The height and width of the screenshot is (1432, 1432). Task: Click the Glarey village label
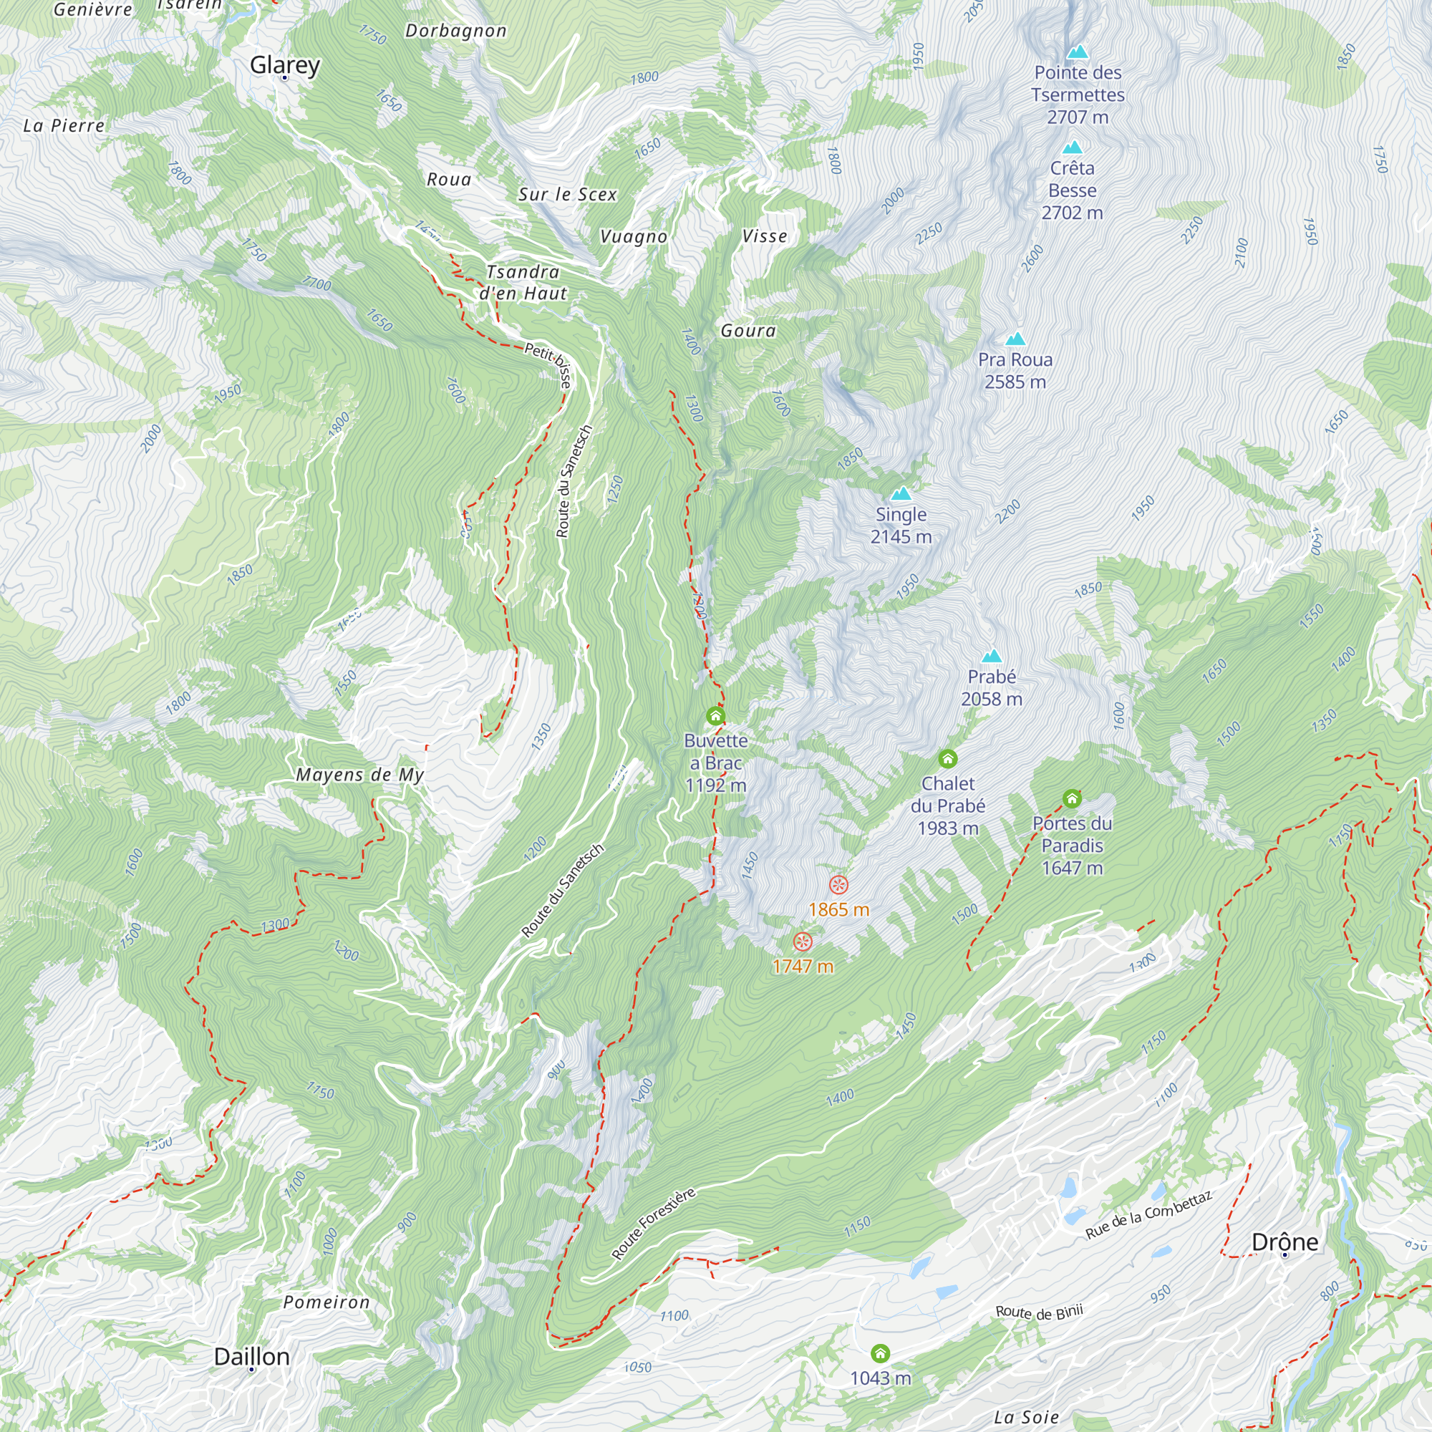coord(285,65)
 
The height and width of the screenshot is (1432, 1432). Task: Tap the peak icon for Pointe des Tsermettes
coord(1077,52)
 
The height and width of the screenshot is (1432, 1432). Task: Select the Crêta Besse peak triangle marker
coord(1072,147)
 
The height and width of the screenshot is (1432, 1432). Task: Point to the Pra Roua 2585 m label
coord(1015,371)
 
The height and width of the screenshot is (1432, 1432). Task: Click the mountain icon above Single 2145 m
coord(901,493)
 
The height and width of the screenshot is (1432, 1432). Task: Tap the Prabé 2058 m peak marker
coord(992,656)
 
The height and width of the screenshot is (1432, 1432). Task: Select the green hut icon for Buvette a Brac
coord(715,715)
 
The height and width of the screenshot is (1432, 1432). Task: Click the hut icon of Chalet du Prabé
coord(947,758)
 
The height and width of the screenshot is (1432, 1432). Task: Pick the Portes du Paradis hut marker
coord(1072,798)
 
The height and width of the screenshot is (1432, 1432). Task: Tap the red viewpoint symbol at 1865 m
coord(838,884)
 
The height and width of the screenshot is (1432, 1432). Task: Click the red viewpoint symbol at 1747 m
coord(803,942)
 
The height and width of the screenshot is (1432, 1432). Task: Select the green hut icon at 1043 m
coord(880,1354)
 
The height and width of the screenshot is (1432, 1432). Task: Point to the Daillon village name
coord(251,1356)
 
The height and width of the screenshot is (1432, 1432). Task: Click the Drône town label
coord(1285,1242)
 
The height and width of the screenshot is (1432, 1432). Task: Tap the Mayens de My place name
coord(359,775)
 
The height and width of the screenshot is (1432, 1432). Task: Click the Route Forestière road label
coord(653,1223)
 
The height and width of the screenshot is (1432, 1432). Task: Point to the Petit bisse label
coord(549,364)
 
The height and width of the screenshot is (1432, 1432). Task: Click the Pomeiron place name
coord(326,1302)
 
